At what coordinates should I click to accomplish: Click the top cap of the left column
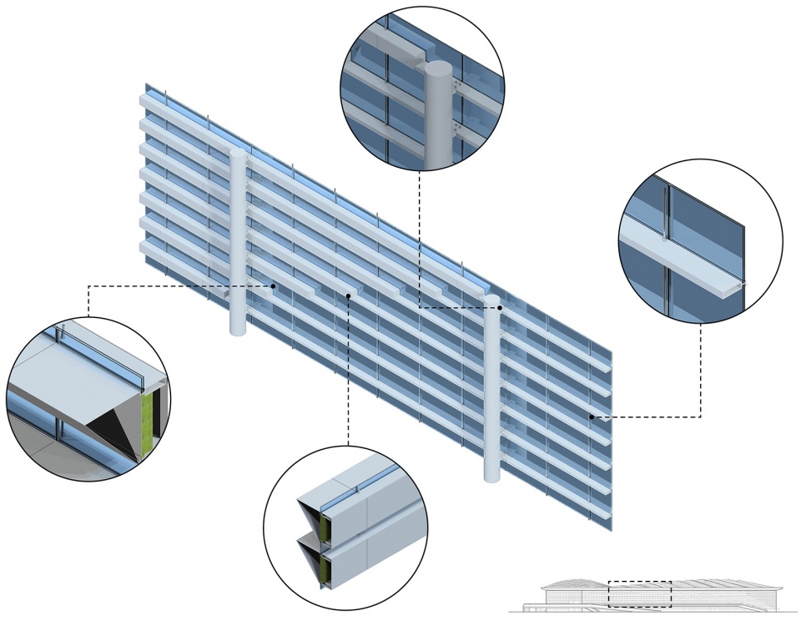238,154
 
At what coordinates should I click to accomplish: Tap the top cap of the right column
492,299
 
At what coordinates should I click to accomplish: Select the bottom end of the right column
493,477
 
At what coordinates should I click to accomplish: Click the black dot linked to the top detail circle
500,308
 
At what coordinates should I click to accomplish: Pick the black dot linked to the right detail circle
592,416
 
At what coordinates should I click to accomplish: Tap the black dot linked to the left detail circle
273,286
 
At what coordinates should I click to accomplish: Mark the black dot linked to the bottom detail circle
349,295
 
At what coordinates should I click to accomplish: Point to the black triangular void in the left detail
118,430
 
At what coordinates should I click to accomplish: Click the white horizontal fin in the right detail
684,254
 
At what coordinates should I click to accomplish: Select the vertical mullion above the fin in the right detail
666,209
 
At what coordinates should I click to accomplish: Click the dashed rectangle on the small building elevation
639,594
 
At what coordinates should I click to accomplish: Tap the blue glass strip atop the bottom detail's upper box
359,488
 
